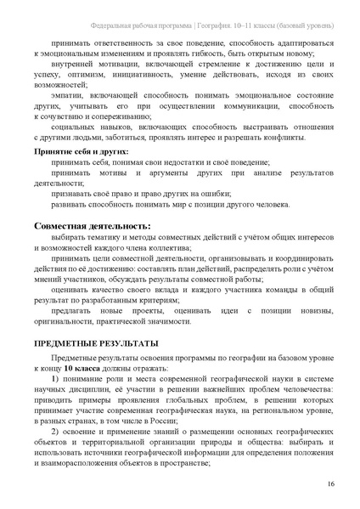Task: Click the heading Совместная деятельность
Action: pyautogui.click(x=92, y=226)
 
